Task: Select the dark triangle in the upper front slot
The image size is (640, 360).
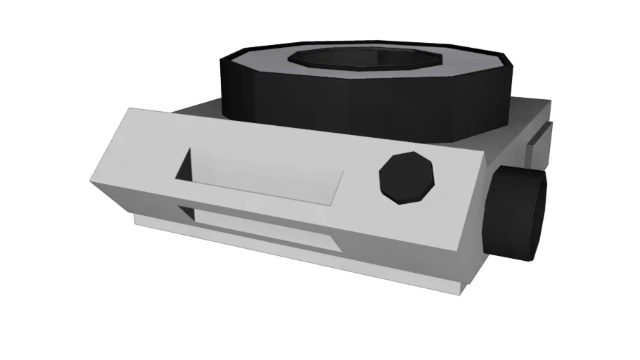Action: (186, 166)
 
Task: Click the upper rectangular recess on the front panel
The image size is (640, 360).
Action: (267, 179)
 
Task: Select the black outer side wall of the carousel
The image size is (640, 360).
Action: (366, 98)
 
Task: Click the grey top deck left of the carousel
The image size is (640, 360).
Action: (197, 109)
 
